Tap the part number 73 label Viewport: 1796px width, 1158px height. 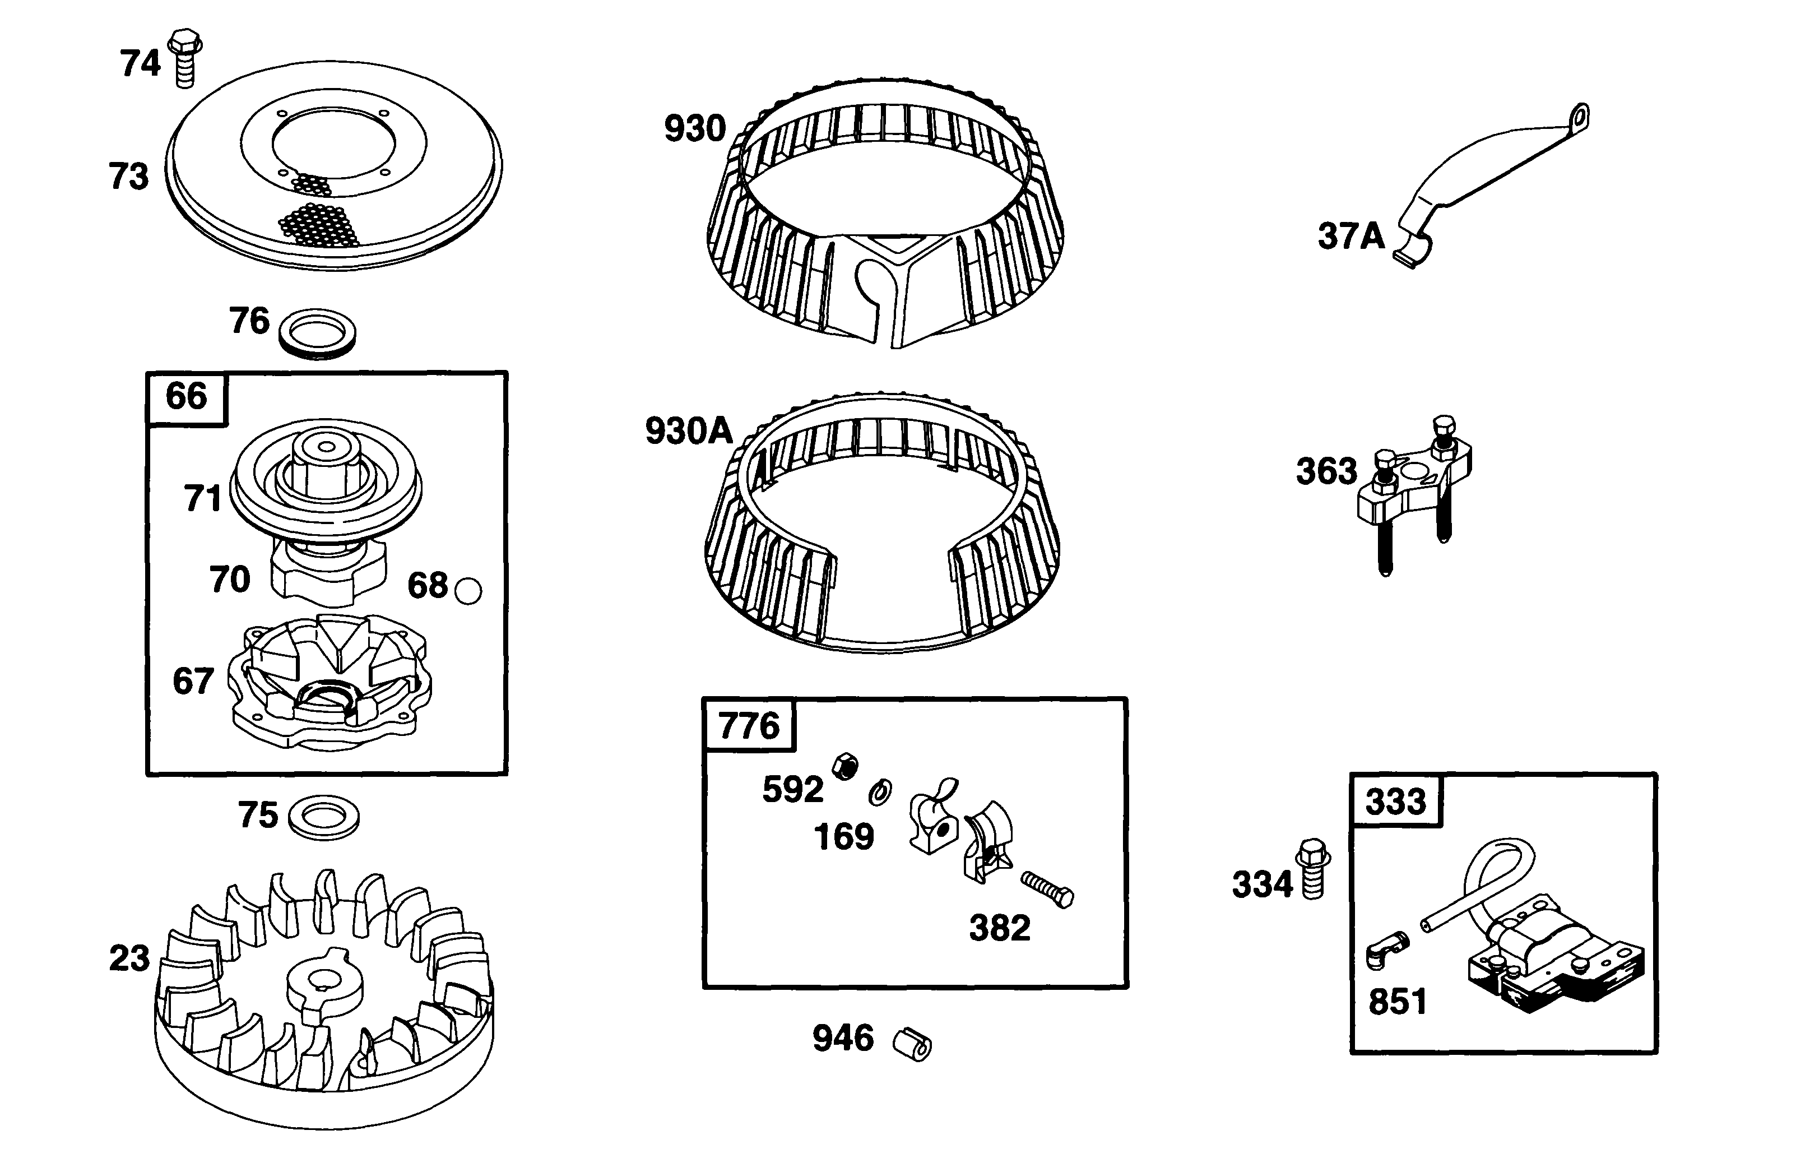click(x=129, y=177)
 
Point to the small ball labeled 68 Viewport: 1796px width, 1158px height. click(x=468, y=591)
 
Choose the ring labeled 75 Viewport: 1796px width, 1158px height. click(x=324, y=817)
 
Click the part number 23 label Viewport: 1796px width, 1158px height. click(x=129, y=958)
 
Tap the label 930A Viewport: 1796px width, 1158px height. click(x=689, y=432)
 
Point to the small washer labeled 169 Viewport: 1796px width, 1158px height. click(x=880, y=792)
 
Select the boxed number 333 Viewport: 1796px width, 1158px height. click(x=1395, y=802)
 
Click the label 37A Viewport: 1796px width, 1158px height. click(x=1350, y=236)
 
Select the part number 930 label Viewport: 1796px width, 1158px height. click(x=695, y=128)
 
